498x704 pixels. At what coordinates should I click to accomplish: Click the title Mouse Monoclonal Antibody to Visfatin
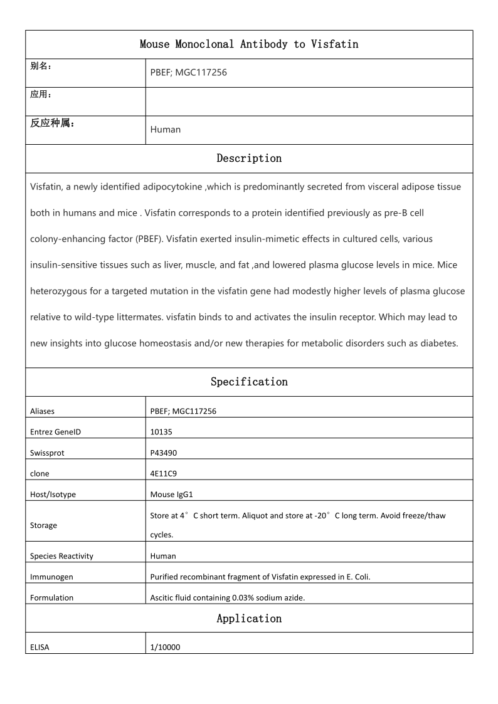[249, 44]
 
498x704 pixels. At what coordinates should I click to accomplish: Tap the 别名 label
[41, 66]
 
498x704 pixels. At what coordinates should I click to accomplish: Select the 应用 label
[41, 94]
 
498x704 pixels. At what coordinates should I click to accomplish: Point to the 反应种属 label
[53, 123]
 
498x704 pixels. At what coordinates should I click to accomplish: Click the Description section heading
[249, 159]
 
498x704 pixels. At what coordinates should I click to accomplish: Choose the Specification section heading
[249, 382]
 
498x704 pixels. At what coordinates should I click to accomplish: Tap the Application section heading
[249, 619]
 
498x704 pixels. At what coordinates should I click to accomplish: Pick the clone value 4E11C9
[164, 473]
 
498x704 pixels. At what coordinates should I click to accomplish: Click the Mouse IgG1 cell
[171, 494]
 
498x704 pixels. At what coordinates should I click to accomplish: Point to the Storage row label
[43, 525]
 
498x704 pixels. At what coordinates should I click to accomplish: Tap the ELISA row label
[40, 648]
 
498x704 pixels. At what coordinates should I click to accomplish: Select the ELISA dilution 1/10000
[165, 648]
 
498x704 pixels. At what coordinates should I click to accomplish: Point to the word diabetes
[438, 343]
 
